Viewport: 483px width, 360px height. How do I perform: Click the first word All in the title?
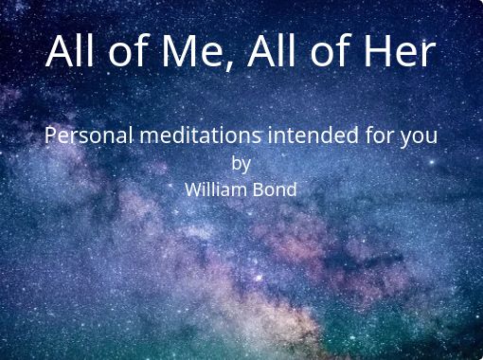[x=70, y=50]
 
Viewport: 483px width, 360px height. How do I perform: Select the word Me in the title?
[x=192, y=51]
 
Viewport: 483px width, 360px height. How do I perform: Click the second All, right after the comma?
[x=272, y=50]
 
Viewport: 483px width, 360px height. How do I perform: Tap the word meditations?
[x=201, y=135]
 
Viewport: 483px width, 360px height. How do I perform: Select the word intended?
[x=313, y=135]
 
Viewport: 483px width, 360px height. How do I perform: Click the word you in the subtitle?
[x=419, y=138]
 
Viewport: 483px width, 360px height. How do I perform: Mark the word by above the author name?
[x=241, y=164]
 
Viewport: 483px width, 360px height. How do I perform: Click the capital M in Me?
[x=176, y=51]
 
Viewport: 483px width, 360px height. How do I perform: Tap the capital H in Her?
[x=377, y=51]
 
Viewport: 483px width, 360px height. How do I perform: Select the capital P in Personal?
[x=51, y=135]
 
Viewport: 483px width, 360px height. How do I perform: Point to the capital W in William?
[x=195, y=189]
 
